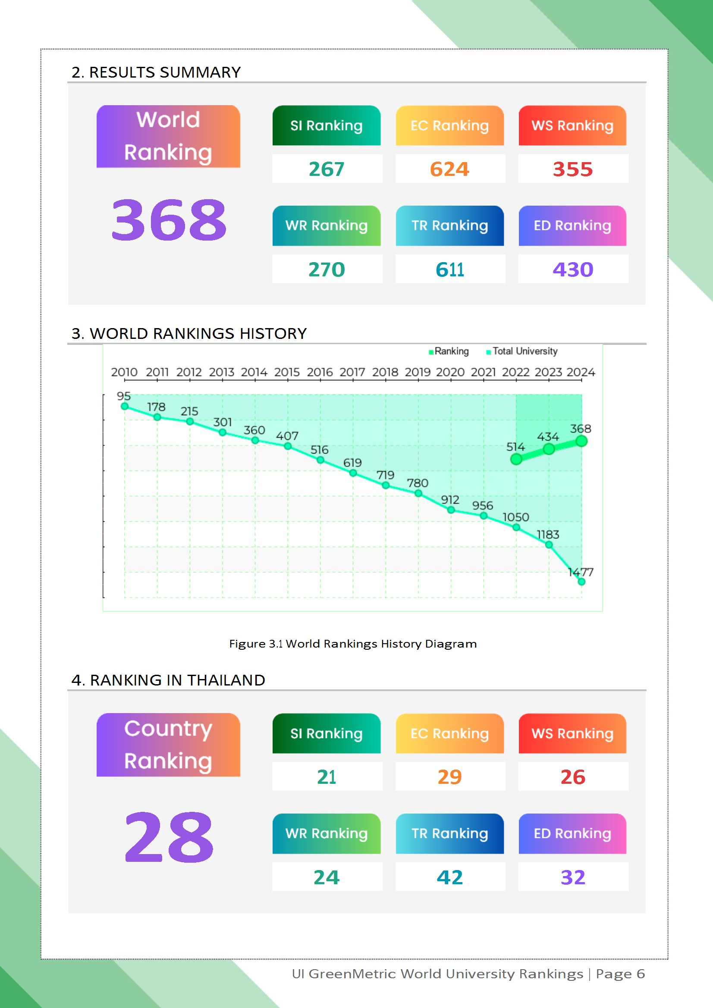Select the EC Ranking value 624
tap(449, 169)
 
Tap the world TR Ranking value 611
tap(449, 269)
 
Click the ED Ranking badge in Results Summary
tap(572, 225)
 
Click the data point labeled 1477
tap(581, 582)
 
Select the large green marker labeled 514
tap(516, 459)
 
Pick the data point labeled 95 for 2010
tap(125, 407)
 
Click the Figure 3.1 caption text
tap(353, 644)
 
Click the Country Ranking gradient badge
tap(168, 745)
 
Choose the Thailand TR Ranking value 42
tap(449, 877)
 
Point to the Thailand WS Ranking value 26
tap(572, 776)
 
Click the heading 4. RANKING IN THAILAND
tap(168, 680)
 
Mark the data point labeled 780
tap(418, 494)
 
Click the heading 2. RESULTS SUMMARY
tap(156, 72)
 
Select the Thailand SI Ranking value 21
tap(327, 776)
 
